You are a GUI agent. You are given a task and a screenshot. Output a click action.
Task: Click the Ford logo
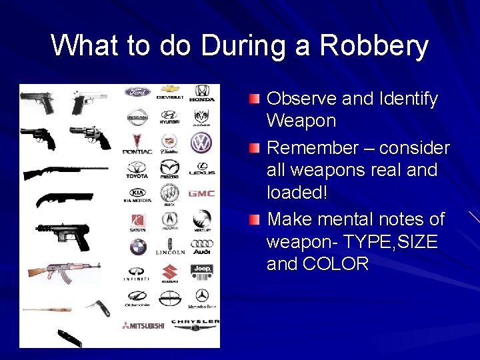[137, 92]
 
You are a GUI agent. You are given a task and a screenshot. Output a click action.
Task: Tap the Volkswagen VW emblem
[201, 142]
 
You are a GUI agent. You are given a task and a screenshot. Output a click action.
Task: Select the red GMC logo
[201, 193]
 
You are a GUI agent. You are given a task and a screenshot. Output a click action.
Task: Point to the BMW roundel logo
[138, 247]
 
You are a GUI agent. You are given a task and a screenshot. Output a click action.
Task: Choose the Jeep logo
[201, 271]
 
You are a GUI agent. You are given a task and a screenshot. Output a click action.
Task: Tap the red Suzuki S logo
[169, 273]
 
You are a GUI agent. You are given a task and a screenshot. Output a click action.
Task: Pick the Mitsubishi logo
[143, 325]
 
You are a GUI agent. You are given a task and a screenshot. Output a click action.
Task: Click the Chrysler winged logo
[195, 323]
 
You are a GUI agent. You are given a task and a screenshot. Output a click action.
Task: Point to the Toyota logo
[137, 167]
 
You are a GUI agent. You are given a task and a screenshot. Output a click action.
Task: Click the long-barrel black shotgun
[64, 171]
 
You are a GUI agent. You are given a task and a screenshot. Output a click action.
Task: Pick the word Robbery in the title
[374, 46]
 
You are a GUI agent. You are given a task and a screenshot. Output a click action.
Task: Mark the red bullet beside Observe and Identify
[255, 99]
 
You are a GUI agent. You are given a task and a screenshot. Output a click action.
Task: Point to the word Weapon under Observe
[301, 121]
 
